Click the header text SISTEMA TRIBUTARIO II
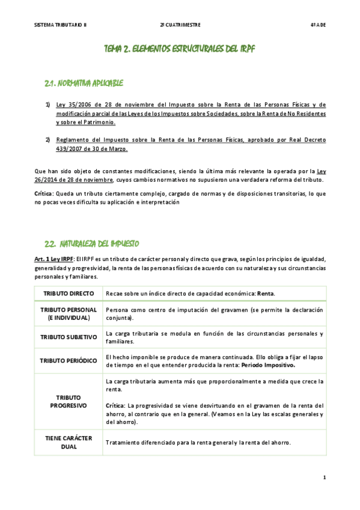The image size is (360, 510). [x=61, y=25]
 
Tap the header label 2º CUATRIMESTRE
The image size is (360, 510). [x=180, y=25]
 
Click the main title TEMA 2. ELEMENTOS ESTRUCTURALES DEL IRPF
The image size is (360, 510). [x=180, y=49]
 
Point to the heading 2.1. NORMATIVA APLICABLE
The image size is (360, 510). [x=84, y=82]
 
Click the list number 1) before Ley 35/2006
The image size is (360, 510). [x=48, y=105]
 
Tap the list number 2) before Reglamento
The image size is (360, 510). [x=48, y=140]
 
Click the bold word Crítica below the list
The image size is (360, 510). [x=44, y=194]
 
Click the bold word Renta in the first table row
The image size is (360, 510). [x=265, y=293]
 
